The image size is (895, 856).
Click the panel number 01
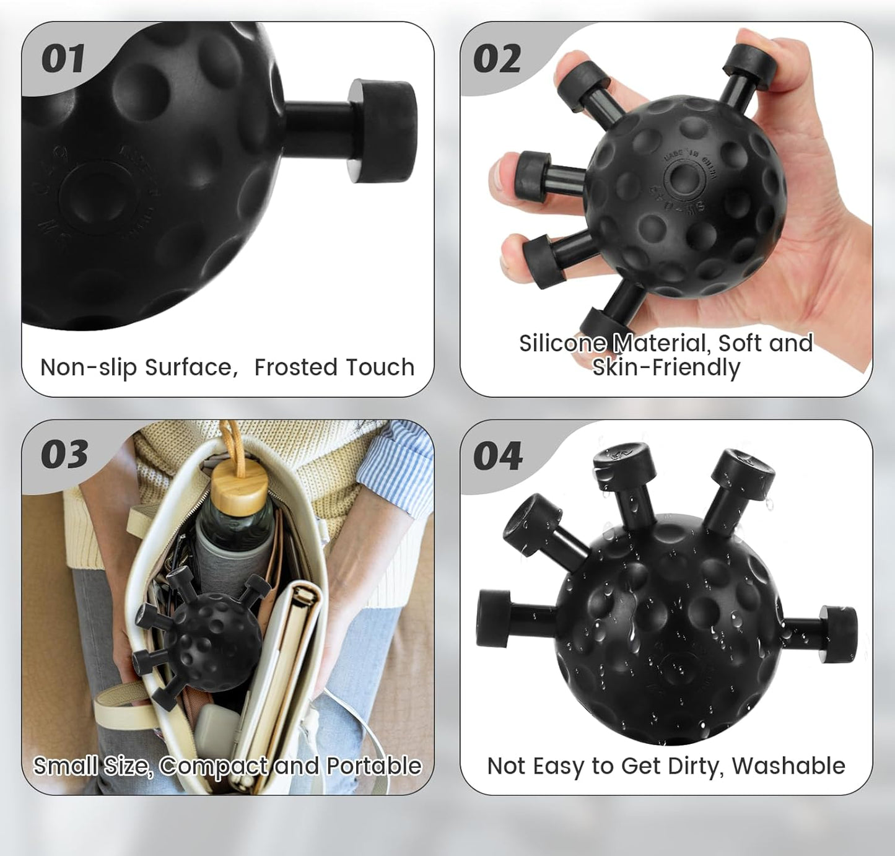[63, 59]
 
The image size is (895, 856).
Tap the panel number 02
[497, 59]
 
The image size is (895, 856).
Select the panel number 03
[64, 455]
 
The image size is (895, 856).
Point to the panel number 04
[498, 456]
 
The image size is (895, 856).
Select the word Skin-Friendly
[666, 368]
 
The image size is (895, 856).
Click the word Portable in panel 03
[374, 766]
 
